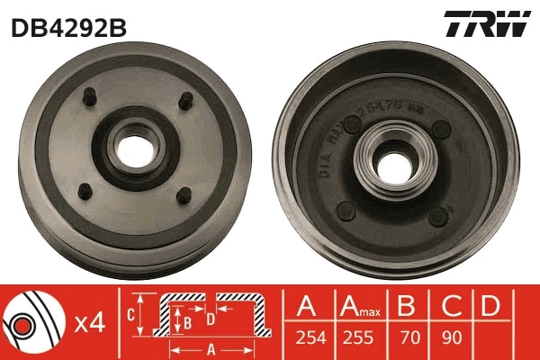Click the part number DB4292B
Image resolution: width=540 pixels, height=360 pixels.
[68, 27]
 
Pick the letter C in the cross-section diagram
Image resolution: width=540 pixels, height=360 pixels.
[130, 314]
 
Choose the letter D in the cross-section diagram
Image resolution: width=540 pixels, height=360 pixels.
[209, 316]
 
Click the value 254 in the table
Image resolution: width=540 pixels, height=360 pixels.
[309, 340]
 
